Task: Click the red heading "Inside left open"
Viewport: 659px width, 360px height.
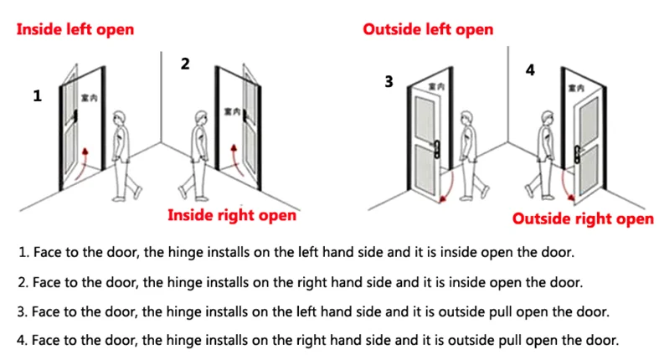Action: pyautogui.click(x=75, y=30)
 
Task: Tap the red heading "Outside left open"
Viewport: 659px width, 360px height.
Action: pyautogui.click(x=428, y=30)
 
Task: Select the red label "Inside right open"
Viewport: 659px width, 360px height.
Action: pyautogui.click(x=232, y=215)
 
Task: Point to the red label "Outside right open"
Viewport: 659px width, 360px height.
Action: pyautogui.click(x=583, y=219)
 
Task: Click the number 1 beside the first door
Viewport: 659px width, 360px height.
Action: pyautogui.click(x=37, y=96)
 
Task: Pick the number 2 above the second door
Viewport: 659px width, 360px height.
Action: pyautogui.click(x=185, y=64)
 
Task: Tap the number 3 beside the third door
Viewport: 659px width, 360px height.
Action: pyautogui.click(x=389, y=81)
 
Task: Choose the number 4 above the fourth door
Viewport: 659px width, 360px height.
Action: pyautogui.click(x=529, y=70)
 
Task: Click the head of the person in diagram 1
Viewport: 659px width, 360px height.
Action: pyautogui.click(x=122, y=117)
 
